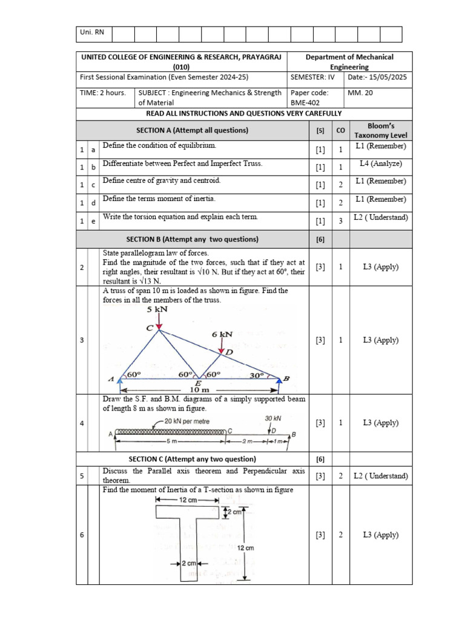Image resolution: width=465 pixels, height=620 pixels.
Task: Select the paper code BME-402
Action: tap(302, 103)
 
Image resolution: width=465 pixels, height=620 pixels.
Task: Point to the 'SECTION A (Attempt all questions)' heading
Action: tap(193, 130)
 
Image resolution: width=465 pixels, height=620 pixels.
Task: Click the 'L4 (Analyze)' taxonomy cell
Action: tap(381, 163)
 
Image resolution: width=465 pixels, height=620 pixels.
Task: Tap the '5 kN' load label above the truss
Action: tap(157, 309)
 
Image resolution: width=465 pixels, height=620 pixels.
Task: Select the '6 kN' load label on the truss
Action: tap(222, 334)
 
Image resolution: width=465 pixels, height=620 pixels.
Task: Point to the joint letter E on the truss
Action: tap(198, 384)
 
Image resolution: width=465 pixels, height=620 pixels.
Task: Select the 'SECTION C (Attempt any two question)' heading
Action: tap(191, 458)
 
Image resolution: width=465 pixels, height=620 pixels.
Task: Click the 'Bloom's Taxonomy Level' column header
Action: tap(381, 130)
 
